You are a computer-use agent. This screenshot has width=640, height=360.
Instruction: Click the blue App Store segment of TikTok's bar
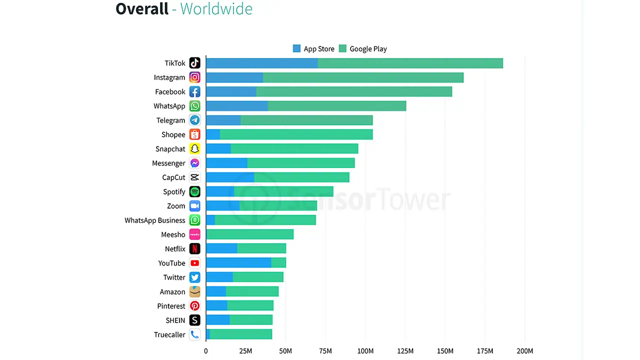pos(261,63)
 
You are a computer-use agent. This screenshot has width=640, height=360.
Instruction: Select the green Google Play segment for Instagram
pos(363,77)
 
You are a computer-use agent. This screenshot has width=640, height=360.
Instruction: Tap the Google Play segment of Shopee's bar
pos(296,134)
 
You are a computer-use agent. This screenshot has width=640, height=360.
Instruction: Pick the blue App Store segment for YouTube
pos(238,263)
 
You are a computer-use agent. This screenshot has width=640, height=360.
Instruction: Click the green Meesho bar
pos(250,234)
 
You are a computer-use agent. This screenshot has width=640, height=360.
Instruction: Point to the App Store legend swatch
pos(297,48)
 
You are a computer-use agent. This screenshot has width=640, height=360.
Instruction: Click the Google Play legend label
pos(368,49)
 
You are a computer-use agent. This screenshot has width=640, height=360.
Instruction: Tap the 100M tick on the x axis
pos(365,351)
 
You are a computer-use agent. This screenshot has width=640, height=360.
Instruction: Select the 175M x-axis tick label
pos(485,351)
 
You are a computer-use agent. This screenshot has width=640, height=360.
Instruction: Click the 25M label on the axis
pos(245,351)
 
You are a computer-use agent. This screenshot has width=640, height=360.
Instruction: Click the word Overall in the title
pos(142,9)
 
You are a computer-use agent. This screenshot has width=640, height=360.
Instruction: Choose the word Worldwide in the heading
pos(216,9)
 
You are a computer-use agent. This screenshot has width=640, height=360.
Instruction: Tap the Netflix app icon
pos(195,249)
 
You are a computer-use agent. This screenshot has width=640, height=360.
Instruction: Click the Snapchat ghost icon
pos(195,149)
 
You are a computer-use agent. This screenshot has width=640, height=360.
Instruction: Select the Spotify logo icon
pos(195,191)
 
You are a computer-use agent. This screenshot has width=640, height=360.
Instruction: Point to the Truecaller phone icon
pos(195,334)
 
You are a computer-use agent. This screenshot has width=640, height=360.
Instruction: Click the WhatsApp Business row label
pos(155,220)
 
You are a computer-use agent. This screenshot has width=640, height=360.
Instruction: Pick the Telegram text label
pos(170,120)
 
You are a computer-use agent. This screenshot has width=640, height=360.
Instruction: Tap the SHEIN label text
pos(175,320)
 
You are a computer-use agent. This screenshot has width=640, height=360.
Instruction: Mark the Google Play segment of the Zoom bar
pos(278,206)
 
